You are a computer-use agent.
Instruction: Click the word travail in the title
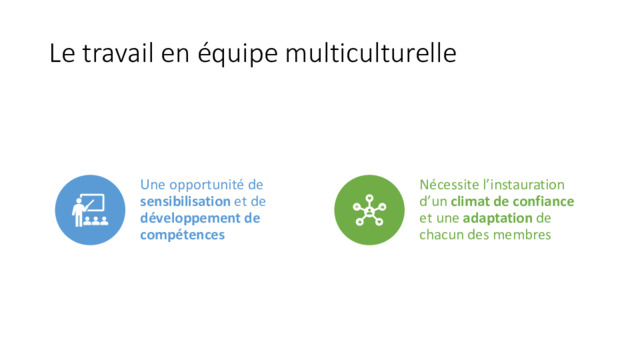[x=118, y=53]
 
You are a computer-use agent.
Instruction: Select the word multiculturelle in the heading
[x=371, y=53]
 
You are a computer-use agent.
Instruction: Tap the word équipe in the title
[x=238, y=55]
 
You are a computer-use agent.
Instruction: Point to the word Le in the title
[x=62, y=53]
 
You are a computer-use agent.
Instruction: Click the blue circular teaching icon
[x=90, y=210]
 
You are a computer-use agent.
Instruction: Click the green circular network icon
[x=369, y=210]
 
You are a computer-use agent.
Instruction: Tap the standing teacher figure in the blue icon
[x=78, y=212]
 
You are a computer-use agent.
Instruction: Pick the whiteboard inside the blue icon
[x=93, y=203]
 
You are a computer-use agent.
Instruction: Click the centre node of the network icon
[x=369, y=211]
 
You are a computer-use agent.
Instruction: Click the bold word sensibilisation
[x=185, y=201]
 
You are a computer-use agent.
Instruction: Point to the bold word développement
[x=190, y=218]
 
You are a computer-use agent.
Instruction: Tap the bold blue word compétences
[x=182, y=235]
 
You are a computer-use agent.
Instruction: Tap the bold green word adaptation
[x=498, y=218]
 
